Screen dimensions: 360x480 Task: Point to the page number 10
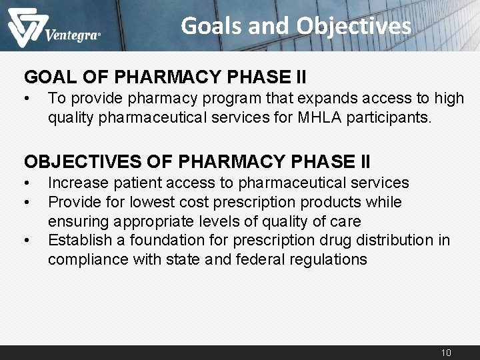point(446,352)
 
